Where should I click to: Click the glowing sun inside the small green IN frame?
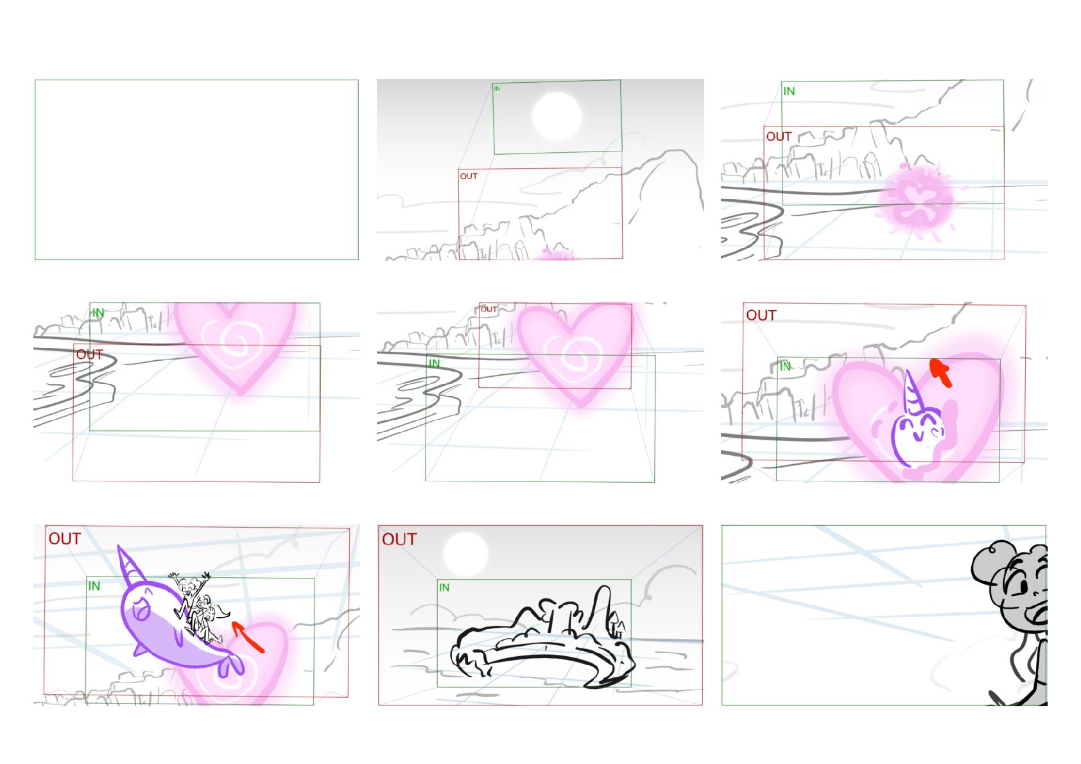[557, 117]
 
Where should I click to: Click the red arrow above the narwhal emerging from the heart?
[940, 372]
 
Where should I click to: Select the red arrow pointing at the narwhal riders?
[248, 637]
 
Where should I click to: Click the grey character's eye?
[1023, 588]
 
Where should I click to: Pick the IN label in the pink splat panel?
[789, 91]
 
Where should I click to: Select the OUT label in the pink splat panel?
[779, 137]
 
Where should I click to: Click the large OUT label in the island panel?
[399, 539]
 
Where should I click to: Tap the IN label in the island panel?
[444, 587]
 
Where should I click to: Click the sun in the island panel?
[465, 553]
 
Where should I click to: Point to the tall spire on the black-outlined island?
[601, 608]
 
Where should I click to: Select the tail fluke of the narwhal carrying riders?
[230, 666]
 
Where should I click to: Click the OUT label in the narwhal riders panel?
[65, 539]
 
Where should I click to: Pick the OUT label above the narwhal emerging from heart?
[761, 315]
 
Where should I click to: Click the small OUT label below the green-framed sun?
[469, 176]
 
